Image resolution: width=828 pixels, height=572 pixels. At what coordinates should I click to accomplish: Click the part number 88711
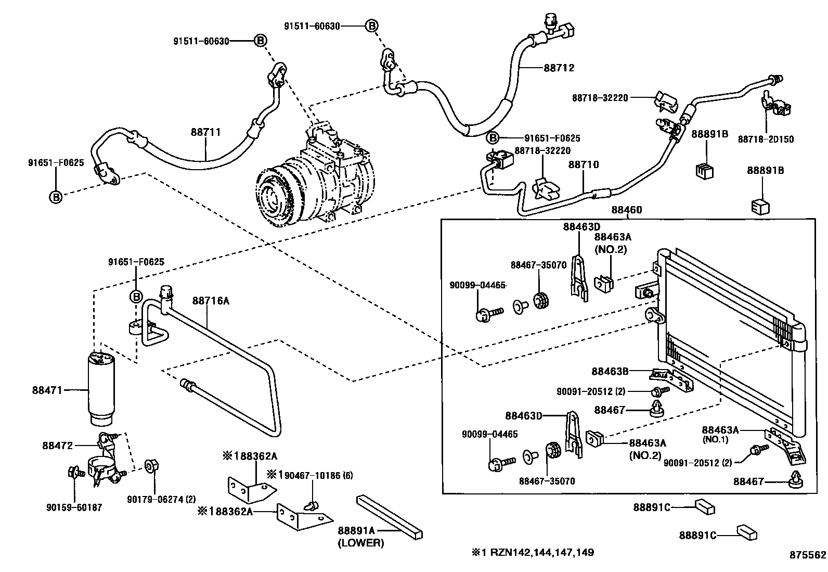pos(205,132)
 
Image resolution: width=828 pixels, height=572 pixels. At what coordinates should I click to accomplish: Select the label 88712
pos(559,68)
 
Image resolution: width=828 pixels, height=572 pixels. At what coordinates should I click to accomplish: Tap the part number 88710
pos(583,164)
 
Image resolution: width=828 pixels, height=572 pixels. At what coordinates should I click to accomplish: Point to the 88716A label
pos(211,300)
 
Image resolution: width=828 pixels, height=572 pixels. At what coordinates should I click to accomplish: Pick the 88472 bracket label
pos(58,445)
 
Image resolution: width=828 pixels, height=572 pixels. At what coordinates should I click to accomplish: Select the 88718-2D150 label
pos(766,139)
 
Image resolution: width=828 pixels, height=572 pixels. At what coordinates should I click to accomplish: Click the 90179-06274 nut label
pos(161,499)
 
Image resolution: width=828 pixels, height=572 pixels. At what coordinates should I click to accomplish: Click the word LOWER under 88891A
pos(360,543)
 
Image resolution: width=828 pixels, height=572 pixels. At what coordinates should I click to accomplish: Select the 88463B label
pos(610,371)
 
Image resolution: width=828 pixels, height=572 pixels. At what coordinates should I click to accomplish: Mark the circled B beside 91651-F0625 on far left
pos(56,196)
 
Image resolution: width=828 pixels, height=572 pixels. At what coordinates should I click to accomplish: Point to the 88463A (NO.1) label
pos(720,430)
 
